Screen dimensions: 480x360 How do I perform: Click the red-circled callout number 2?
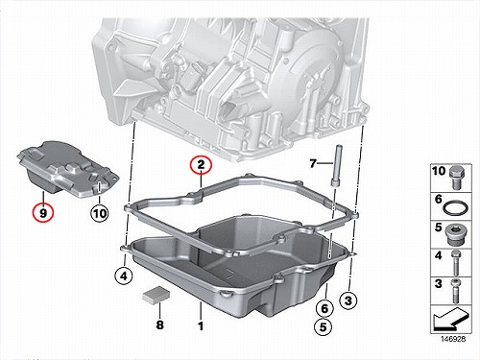pos(201,165)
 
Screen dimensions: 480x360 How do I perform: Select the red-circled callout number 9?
pos(43,212)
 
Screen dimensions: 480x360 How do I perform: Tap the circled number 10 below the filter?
pos(100,213)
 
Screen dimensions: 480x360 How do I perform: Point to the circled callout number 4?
pos(124,276)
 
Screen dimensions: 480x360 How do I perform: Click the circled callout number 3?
pos(348,300)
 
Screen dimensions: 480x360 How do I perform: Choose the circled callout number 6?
pos(324,308)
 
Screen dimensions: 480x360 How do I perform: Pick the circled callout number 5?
pos(324,327)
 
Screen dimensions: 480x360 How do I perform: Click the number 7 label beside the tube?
pos(313,163)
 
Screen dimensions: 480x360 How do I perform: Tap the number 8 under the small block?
pos(159,324)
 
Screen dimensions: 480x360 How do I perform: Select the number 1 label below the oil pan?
pos(201,326)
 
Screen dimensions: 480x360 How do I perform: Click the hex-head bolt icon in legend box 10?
pos(457,178)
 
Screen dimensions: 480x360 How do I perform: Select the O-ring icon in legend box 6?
pos(456,207)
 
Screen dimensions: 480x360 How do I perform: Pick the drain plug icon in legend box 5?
pos(454,234)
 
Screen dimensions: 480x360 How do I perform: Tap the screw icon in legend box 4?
pos(455,263)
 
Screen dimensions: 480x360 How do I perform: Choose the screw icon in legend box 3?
pos(455,291)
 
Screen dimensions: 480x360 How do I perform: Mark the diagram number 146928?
pos(453,339)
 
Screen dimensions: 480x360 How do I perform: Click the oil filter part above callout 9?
pos(67,169)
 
